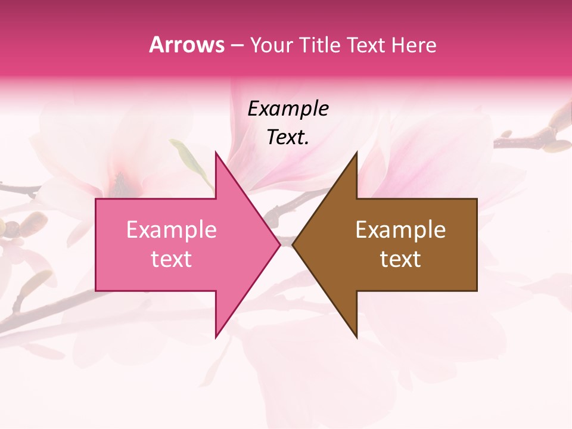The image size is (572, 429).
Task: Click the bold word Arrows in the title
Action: [186, 45]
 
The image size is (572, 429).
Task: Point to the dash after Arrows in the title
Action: [236, 45]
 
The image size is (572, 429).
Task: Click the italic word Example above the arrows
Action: [288, 108]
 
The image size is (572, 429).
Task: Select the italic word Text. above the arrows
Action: [288, 138]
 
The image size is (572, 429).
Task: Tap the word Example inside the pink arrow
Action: [172, 229]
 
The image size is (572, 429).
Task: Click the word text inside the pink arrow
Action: [172, 259]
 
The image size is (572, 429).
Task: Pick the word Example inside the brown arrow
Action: [400, 229]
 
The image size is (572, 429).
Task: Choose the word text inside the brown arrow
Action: [400, 259]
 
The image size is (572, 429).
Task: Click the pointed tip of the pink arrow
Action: [279, 244]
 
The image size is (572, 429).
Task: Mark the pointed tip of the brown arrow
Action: [294, 244]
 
